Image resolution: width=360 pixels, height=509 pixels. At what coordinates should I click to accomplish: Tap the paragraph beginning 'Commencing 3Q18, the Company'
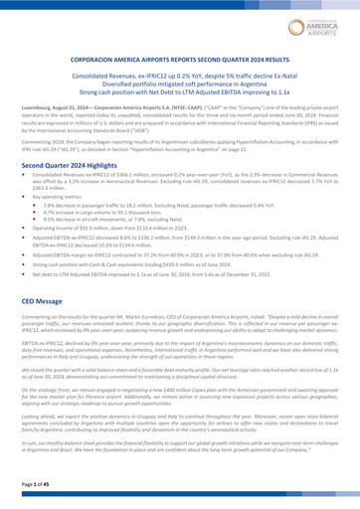pyautogui.click(x=180, y=147)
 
